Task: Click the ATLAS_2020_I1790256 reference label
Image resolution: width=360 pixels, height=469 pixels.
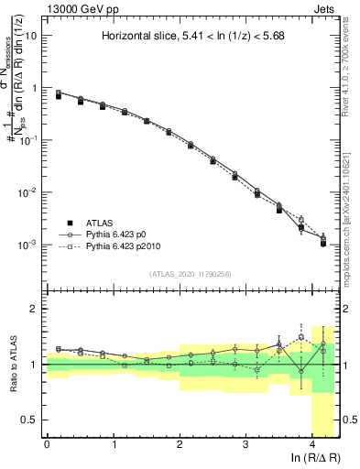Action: click(191, 273)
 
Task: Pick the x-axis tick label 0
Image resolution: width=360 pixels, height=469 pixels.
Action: click(47, 445)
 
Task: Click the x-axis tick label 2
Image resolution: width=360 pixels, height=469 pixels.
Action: click(180, 445)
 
